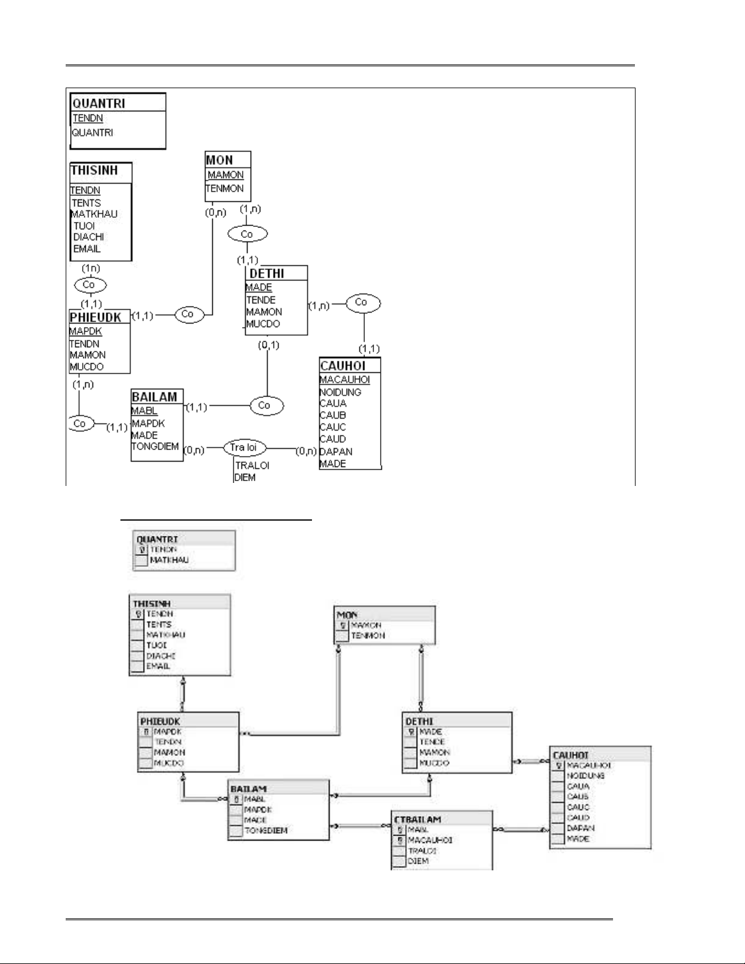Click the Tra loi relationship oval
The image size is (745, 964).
[244, 448]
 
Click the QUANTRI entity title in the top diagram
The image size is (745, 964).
[99, 103]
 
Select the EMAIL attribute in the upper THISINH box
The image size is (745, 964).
[87, 249]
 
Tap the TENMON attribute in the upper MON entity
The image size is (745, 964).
[224, 189]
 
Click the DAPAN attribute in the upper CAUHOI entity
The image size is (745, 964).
[336, 451]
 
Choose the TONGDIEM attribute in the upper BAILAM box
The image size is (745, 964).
[155, 446]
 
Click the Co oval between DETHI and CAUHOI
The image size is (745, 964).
[362, 302]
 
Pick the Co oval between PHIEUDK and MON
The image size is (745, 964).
[187, 314]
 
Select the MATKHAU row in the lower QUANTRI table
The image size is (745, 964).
[169, 560]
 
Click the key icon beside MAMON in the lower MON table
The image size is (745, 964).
[343, 625]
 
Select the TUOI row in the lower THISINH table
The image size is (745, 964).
[157, 645]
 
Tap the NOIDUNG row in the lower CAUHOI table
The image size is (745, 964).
[585, 776]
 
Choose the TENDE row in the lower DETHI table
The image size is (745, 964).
[432, 742]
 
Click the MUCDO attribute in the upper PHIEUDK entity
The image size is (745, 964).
[87, 367]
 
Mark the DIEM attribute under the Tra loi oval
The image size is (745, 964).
[245, 477]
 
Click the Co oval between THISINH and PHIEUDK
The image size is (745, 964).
[90, 285]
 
